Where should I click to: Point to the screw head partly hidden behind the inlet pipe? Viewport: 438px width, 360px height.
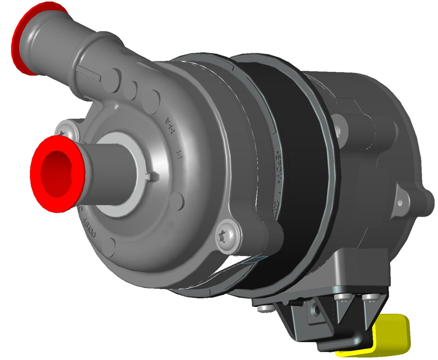64,132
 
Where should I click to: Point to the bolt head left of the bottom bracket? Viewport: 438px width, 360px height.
265,308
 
